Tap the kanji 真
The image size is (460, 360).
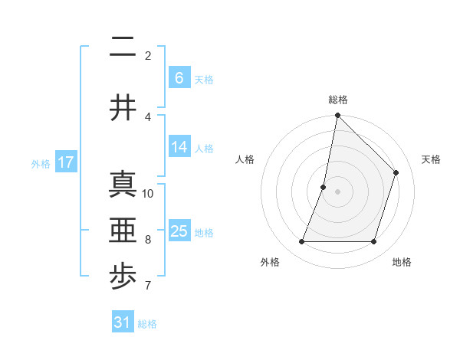click(123, 185)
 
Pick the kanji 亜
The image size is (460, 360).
click(123, 231)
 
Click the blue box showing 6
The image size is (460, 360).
click(179, 78)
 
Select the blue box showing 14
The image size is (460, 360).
click(179, 148)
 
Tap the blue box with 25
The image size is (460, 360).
click(179, 231)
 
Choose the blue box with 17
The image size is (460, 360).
click(65, 162)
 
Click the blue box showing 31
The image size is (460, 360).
click(123, 322)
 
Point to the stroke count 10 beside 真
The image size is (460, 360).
click(148, 193)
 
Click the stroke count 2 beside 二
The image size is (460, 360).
click(148, 55)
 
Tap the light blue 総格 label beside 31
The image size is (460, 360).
click(147, 324)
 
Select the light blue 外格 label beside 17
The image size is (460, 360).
click(41, 163)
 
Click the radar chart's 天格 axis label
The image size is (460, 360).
click(431, 159)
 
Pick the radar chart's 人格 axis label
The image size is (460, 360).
click(245, 159)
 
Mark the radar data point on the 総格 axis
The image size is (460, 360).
click(337, 116)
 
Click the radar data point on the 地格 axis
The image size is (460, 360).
click(373, 242)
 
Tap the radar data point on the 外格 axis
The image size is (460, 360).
click(301, 242)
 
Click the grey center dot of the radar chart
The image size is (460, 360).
click(337, 191)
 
